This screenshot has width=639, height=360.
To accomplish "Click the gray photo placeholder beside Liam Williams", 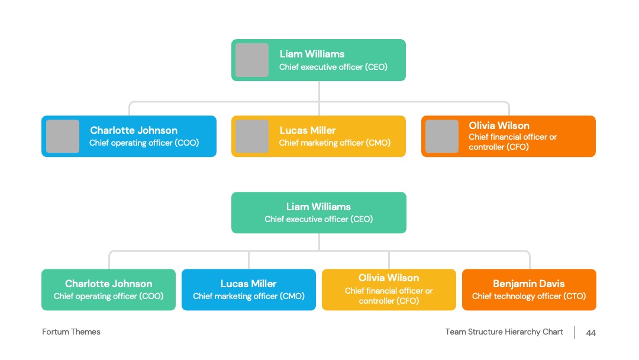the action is pos(252,60).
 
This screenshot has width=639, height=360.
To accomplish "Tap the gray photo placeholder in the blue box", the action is pos(62,136).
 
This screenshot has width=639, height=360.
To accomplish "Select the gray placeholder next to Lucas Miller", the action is pos(252,136).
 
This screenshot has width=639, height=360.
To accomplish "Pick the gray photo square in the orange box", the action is pos(442,136).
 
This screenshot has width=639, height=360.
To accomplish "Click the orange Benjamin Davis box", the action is pos(529,290).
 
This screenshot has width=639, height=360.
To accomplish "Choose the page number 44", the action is pos(591,333).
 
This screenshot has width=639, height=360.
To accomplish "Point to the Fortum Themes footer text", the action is pos(72,332).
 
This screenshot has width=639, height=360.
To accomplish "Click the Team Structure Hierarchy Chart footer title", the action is pos(504,332).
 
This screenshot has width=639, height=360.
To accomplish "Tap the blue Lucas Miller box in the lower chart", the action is pos(248,290).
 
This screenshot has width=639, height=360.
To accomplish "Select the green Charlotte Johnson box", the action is pos(108,290).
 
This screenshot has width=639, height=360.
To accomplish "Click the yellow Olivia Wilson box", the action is pos(389,290).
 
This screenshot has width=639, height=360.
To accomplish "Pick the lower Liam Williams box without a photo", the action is pos(319,213).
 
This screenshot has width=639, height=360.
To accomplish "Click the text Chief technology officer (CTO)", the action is pos(529,297).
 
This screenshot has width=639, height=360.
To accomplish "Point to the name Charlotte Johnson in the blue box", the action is pos(134,130).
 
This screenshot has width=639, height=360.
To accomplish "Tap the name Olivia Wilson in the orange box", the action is pos(499,126).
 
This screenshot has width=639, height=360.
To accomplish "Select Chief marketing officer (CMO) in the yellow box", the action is pos(334,143).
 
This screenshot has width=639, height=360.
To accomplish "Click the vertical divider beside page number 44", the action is pos(575,332).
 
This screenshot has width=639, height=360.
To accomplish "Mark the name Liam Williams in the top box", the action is pos(312,54).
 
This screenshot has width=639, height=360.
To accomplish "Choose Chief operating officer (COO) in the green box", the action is pos(108,297).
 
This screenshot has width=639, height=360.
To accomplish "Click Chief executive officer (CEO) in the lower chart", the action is pos(319,219).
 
